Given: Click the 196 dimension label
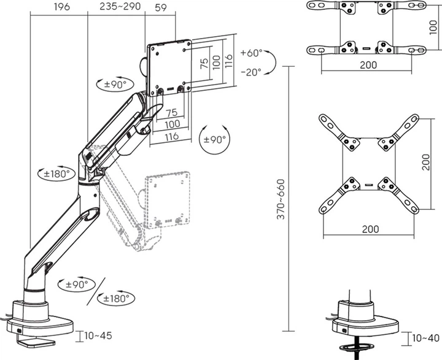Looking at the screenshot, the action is coord(62,7).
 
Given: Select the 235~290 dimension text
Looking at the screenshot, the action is coord(120,7).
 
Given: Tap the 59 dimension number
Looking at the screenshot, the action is coord(161,7).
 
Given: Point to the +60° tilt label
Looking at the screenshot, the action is coord(252,53).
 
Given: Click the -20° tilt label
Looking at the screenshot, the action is coord(251,72).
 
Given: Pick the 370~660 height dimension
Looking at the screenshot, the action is coord(281,199).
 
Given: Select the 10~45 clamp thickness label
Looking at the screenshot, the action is coord(98,335).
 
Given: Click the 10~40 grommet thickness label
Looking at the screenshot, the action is coord(426,338).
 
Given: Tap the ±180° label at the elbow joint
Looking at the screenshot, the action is coord(56,174).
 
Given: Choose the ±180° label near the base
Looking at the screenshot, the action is coord(116,298).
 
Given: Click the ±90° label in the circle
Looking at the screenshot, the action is coord(214,140).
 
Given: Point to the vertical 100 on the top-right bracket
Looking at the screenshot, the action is coord(433,28).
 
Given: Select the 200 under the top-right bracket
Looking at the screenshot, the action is coord(368,65).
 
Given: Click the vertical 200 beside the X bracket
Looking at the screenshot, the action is coord(426,163).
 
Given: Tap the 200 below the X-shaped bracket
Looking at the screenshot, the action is coord(370,229).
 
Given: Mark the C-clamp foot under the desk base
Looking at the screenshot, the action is coord(35,342).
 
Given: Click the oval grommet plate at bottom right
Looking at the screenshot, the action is coord(357,347).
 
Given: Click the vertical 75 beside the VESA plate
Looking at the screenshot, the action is coord(204,63).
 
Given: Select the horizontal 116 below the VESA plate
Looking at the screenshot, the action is coord(172,137).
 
